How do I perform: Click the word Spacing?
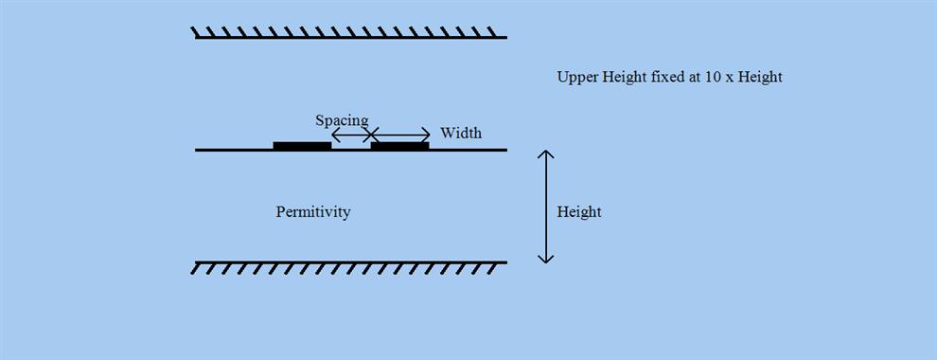(342, 121)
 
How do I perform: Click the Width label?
(461, 134)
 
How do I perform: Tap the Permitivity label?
(313, 212)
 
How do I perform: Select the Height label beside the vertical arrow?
(579, 212)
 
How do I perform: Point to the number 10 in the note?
(713, 78)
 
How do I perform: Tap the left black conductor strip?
(302, 146)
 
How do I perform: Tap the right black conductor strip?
(399, 146)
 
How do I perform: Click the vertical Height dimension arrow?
(545, 206)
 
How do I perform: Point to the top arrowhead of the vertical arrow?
(545, 153)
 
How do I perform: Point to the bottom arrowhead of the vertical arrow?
(545, 259)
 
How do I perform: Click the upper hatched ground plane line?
(350, 37)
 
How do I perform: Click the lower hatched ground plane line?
(350, 262)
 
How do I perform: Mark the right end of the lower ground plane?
(505, 262)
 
